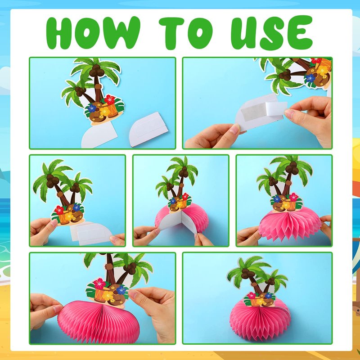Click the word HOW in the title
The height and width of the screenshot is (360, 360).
tap(93, 32)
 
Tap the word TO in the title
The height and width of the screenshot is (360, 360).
tap(185, 32)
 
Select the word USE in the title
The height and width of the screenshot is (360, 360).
tap(272, 32)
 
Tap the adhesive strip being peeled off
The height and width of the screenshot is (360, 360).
tap(276, 108)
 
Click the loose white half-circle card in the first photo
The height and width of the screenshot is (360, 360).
tap(148, 129)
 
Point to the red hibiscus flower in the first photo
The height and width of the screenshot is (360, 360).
tap(110, 99)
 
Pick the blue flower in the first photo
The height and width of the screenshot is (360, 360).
tap(92, 108)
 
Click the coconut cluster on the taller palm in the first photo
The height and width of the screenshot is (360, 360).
tap(97, 71)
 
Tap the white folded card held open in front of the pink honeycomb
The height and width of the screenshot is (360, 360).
tap(178, 222)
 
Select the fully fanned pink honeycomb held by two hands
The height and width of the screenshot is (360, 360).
tap(290, 225)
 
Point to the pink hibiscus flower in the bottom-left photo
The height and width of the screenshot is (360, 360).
tap(99, 283)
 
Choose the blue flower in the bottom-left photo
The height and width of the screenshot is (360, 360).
tap(121, 290)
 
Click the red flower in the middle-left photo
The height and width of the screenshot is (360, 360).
tap(59, 210)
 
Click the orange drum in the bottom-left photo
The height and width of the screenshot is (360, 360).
tap(101, 295)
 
